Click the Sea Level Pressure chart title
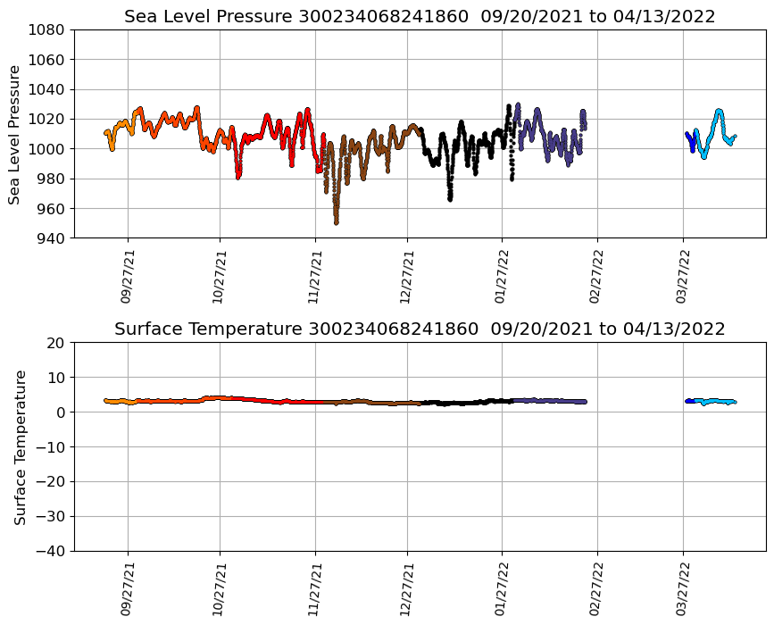tap(420, 17)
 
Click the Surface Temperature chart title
tap(420, 329)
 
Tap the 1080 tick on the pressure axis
tap(49, 29)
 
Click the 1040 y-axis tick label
tap(49, 89)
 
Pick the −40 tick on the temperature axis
tap(49, 551)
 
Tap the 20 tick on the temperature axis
tap(56, 343)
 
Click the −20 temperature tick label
tap(49, 482)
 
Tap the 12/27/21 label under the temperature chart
tap(408, 588)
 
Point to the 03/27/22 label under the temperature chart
tap(684, 588)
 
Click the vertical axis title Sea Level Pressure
tap(15, 134)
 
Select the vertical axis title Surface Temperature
tap(20, 446)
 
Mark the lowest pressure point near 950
tap(337, 222)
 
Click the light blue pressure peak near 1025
tap(719, 112)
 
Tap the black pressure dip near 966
tap(450, 198)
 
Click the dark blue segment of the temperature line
tap(689, 401)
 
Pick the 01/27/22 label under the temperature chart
tap(502, 588)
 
